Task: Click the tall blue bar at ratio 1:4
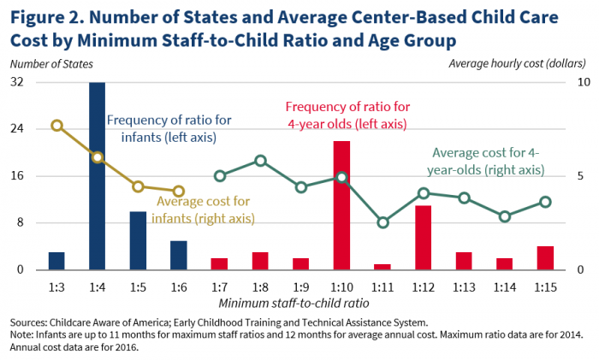(97, 175)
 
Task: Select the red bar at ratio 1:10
(341, 205)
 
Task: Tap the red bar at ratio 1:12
(423, 237)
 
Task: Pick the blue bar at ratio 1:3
(56, 261)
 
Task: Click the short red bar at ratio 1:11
(383, 267)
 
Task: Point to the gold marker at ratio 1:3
(56, 126)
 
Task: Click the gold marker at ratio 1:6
(179, 192)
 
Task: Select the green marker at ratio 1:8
(260, 161)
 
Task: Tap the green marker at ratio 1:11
(383, 222)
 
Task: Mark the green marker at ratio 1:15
(545, 202)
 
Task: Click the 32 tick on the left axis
(16, 82)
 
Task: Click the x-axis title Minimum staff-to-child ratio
(294, 302)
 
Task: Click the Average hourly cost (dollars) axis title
(517, 63)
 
